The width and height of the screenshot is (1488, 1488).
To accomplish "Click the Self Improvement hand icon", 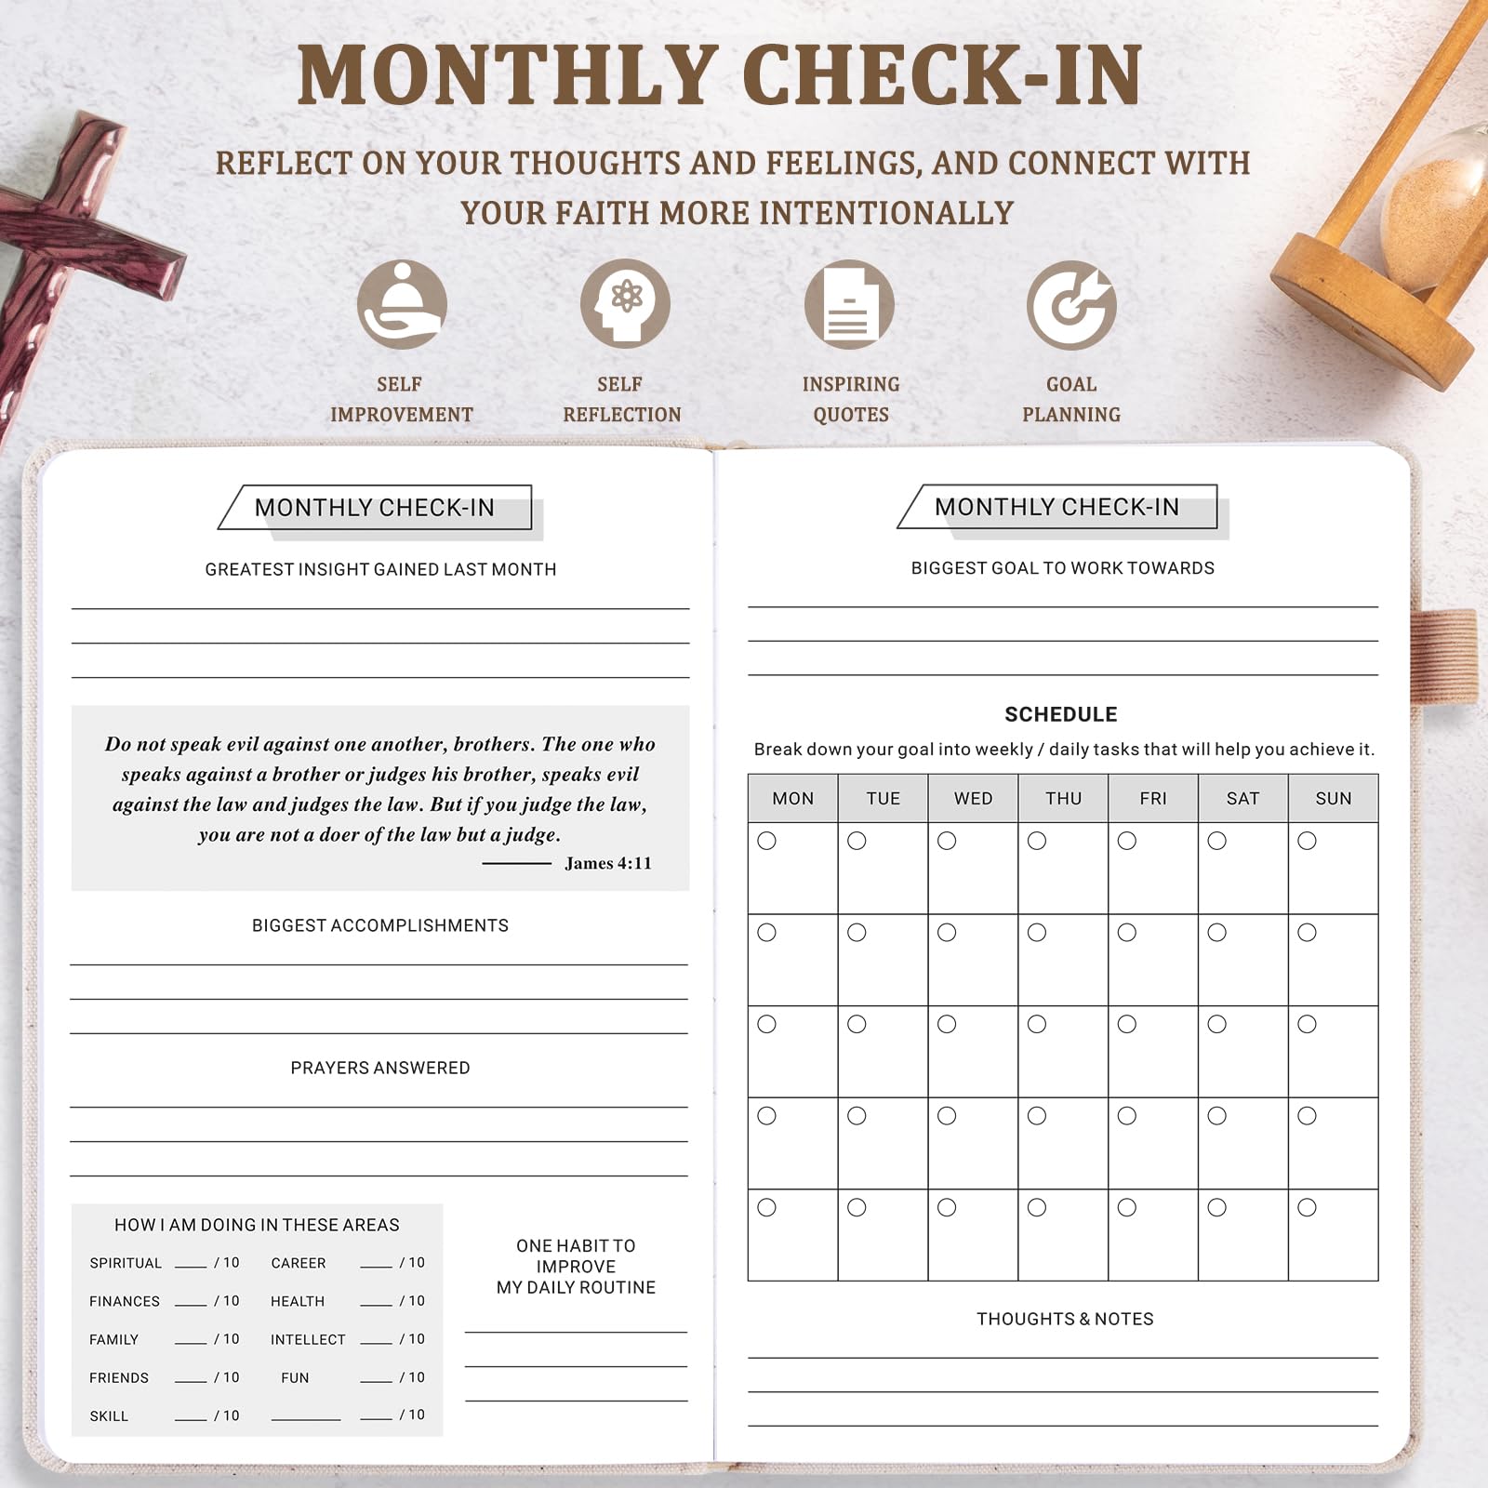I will [x=402, y=304].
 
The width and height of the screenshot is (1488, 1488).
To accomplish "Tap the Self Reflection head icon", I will [x=625, y=304].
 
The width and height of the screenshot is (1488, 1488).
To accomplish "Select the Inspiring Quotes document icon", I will [x=849, y=304].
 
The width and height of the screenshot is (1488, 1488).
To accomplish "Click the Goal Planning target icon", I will [x=1071, y=304].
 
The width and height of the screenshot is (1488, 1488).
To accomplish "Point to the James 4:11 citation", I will [x=608, y=863].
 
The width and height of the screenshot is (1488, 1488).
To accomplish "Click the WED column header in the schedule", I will [x=973, y=798].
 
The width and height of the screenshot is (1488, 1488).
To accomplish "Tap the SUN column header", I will [x=1333, y=798].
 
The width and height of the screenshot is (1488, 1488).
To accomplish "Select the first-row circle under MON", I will [x=766, y=841].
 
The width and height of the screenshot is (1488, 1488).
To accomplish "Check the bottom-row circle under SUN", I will [x=1307, y=1207].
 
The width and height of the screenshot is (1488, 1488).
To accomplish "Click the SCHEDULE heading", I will [x=1060, y=714].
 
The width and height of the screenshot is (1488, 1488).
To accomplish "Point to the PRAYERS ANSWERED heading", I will [x=379, y=1068].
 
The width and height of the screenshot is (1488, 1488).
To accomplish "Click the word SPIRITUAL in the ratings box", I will [x=126, y=1263].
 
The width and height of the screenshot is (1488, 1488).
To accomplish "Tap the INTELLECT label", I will [x=308, y=1339].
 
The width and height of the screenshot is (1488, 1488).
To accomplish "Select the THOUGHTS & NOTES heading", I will [x=1064, y=1319].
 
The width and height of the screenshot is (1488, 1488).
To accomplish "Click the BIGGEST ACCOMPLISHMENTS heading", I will [x=379, y=925].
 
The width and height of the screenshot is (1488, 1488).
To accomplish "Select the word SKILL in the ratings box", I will [x=109, y=1415].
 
